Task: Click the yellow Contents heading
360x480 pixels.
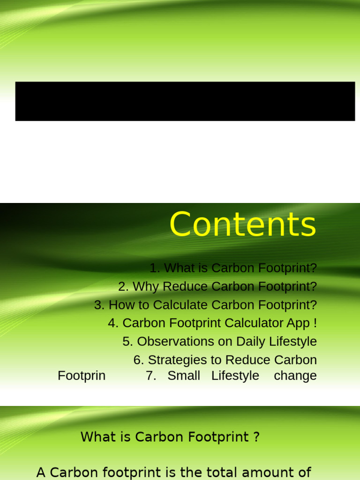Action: (x=243, y=225)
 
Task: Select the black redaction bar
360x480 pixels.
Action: (x=185, y=101)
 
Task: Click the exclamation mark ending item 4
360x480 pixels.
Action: (x=315, y=323)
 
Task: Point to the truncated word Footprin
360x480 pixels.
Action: (x=82, y=375)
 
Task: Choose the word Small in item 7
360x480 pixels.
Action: (x=184, y=375)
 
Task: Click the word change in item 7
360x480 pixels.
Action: (x=295, y=375)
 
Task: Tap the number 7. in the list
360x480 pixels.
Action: (x=151, y=375)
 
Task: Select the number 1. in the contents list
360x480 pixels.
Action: (x=155, y=268)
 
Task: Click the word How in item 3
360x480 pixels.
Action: (x=121, y=305)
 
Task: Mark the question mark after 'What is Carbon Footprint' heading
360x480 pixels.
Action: (x=256, y=437)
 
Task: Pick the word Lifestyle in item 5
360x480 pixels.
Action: (x=293, y=341)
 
